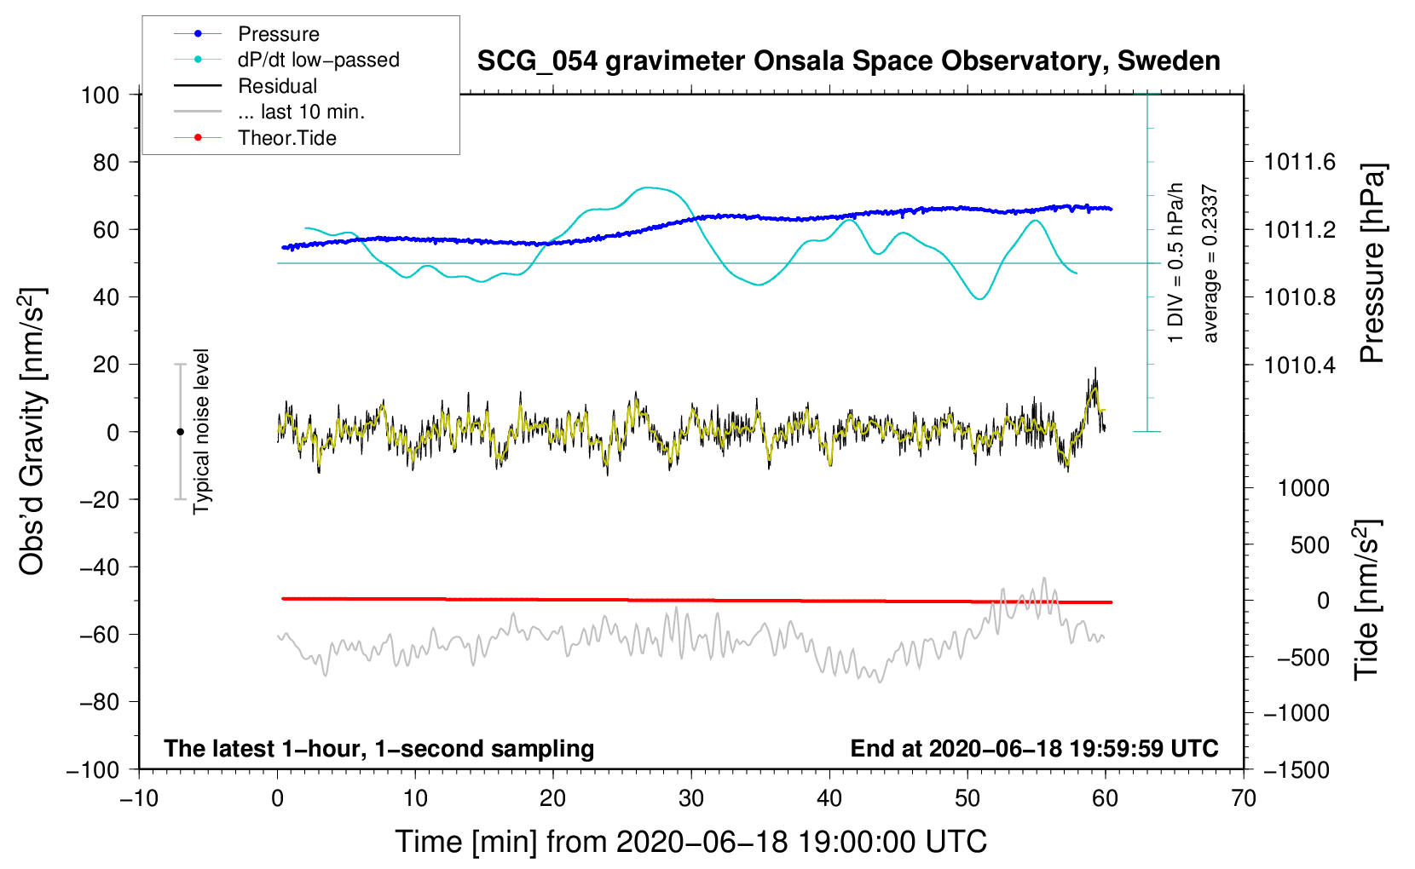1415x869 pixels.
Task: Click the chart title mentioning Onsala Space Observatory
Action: point(848,61)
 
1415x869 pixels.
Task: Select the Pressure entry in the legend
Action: point(278,34)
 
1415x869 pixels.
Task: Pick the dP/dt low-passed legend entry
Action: point(318,60)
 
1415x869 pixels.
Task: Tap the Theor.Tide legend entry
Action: point(287,138)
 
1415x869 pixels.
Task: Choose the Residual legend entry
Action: point(277,86)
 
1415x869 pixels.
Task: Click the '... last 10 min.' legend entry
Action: point(301,112)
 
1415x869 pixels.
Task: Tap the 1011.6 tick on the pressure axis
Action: point(1300,162)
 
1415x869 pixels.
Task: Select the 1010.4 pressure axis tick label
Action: point(1300,365)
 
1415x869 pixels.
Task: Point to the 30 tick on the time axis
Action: point(691,798)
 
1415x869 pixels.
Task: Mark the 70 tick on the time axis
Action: point(1244,798)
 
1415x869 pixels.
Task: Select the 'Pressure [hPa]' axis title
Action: point(1372,263)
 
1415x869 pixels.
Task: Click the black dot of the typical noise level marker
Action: point(180,432)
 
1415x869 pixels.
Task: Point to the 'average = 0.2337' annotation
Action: point(1210,263)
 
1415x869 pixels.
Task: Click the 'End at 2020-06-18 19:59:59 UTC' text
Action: point(1034,748)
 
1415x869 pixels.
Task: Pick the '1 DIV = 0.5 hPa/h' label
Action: point(1176,263)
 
